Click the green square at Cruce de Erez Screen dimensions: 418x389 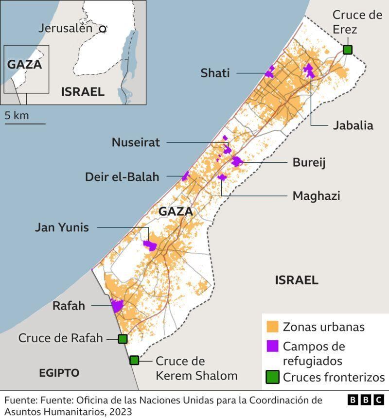(347, 49)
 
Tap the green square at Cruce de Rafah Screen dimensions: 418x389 (123, 339)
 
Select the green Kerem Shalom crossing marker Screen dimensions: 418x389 (134, 360)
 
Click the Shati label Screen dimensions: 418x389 (215, 73)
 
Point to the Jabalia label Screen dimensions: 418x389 (353, 125)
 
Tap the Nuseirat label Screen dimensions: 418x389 (136, 142)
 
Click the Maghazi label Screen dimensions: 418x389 (316, 196)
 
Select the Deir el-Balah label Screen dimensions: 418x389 (123, 177)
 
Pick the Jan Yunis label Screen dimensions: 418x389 (62, 227)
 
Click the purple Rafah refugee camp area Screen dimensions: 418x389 (117, 306)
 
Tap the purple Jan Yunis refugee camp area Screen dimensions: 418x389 (150, 244)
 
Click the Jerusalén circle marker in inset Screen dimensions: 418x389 (103, 29)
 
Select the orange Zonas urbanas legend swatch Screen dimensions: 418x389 (272, 327)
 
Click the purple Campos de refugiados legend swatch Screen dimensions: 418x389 (272, 346)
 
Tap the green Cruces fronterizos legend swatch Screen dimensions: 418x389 (272, 377)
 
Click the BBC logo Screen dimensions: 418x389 (366, 400)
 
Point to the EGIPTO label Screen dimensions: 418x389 (59, 373)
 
